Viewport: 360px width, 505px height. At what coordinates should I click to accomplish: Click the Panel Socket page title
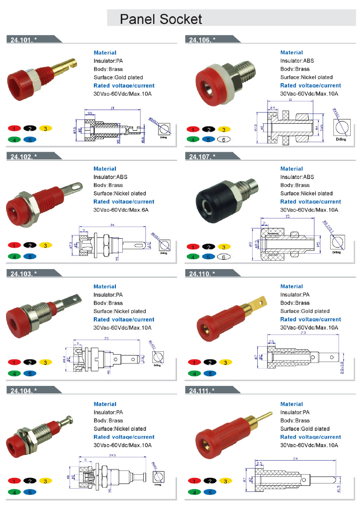(x=161, y=19)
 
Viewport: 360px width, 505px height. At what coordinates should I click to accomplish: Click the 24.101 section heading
(x=23, y=40)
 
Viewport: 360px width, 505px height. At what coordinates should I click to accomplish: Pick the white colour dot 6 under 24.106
(x=223, y=139)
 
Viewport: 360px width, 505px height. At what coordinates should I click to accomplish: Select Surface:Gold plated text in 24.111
(x=305, y=428)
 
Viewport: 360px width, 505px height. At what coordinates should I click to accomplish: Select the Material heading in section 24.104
(x=105, y=404)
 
